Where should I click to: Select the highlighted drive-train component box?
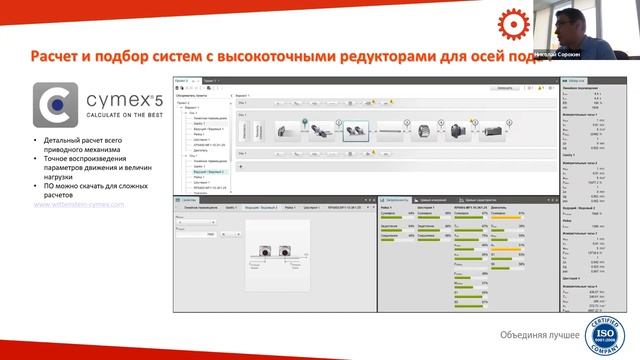coord(356,129)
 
